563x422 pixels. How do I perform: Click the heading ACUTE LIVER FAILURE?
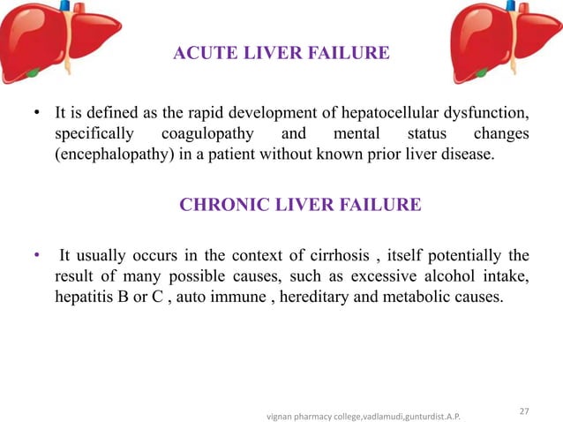tap(281, 54)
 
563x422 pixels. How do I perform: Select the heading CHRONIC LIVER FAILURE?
tap(300, 206)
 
